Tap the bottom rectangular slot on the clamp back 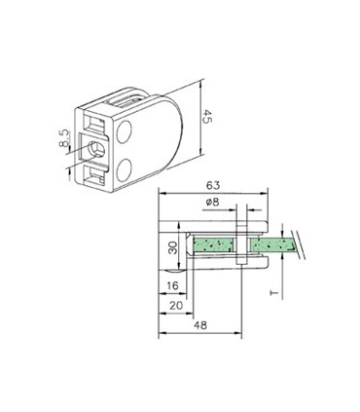coord(98,177)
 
